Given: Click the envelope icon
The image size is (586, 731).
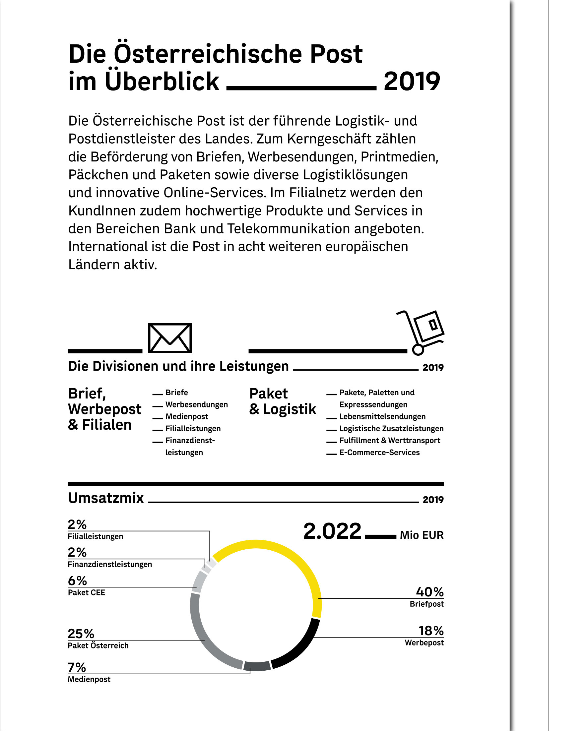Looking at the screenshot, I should pos(170,338).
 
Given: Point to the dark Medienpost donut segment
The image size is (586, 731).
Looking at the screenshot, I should pos(257,666).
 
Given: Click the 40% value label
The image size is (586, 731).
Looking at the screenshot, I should pos(430,592).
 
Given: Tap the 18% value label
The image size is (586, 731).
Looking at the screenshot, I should pos(431,631).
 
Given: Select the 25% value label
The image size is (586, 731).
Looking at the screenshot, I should pos(81,633).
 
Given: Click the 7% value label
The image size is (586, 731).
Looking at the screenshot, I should pos(77,667).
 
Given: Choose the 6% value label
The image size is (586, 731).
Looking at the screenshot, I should pos(77,580).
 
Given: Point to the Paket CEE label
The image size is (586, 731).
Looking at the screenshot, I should pos(87,592).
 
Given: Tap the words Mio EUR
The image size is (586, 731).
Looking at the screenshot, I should pos(422,535).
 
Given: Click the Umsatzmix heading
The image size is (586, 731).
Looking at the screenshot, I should pos(106,498).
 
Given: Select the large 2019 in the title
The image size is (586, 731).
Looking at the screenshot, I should pos(412,81).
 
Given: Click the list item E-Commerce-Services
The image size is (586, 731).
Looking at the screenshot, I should pos(379,452).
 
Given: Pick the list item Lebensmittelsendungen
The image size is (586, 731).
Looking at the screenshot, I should pos(382,416).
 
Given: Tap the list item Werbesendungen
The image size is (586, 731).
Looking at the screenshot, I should pos(196,404).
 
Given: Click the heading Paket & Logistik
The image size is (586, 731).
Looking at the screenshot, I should pos(282,401).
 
